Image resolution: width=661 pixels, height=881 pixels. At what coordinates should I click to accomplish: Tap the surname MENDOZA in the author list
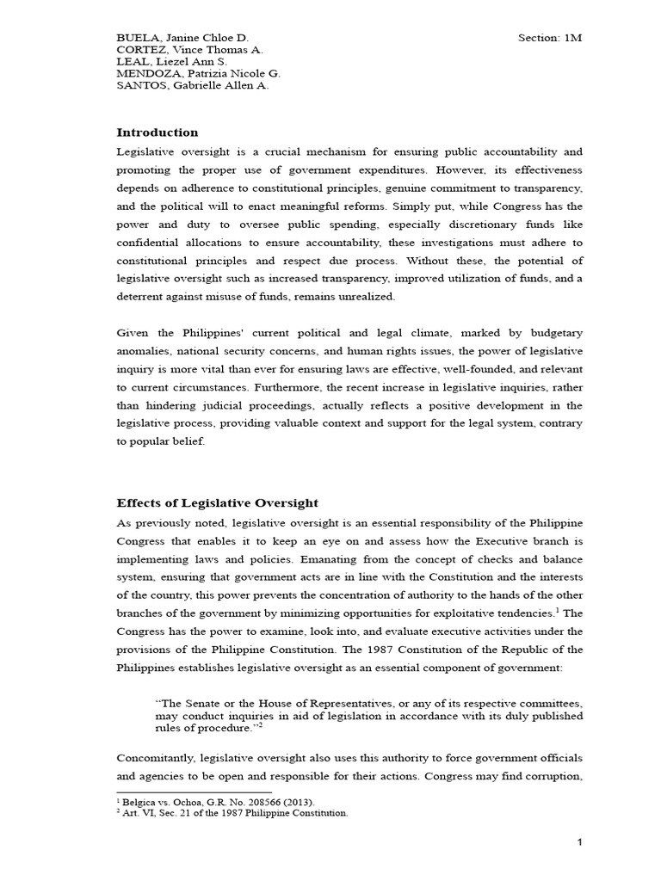pos(145,73)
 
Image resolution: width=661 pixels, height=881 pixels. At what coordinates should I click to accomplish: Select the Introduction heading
pos(157,132)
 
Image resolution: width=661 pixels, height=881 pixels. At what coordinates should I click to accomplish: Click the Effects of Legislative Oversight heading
pos(217,502)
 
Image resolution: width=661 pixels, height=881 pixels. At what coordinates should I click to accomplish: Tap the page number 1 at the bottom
pos(580,843)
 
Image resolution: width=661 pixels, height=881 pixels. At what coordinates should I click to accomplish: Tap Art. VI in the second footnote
pos(135,812)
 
